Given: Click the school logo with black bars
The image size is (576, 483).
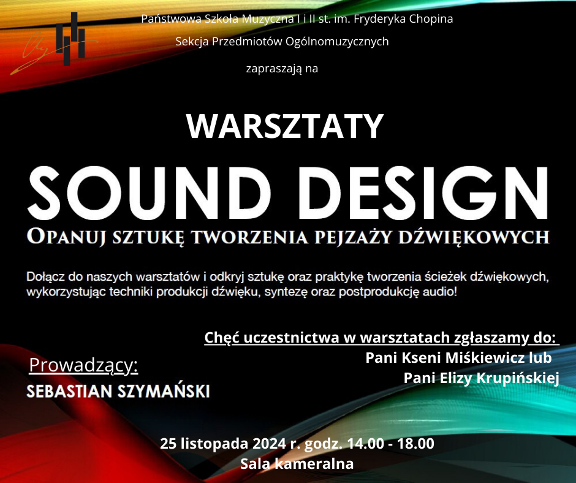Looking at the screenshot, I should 70,39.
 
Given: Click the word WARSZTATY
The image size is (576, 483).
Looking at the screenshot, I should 285,126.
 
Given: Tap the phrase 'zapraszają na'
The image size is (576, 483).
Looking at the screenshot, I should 282,69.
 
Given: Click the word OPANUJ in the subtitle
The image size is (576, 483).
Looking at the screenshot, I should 68,236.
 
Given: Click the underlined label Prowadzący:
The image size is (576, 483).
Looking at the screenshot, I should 83,365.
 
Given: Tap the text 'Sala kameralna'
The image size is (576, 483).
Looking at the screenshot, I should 297,464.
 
